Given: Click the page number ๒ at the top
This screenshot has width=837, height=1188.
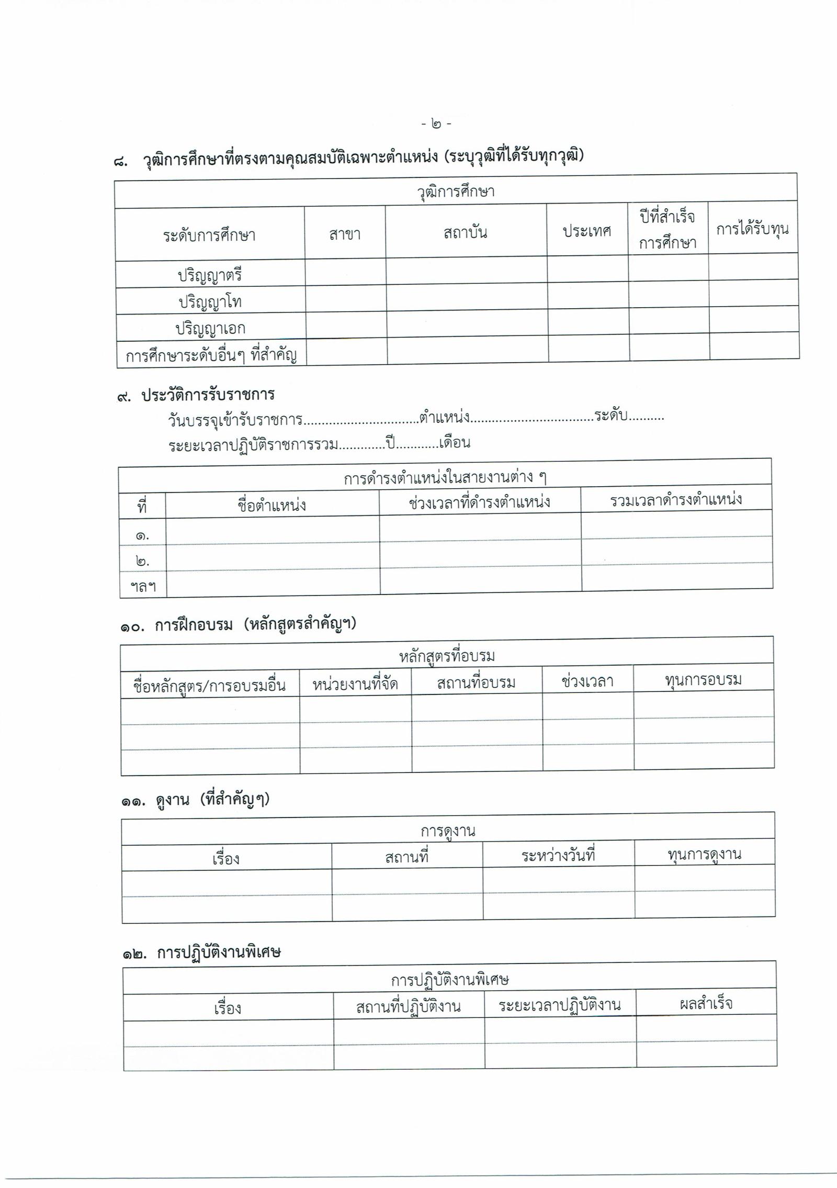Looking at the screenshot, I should [436, 124].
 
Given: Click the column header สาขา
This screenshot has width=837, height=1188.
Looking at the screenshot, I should [345, 234].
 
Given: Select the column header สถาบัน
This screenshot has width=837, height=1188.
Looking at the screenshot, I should [465, 232].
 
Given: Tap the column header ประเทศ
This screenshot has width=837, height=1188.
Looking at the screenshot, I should [587, 231].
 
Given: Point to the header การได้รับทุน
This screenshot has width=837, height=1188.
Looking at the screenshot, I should [752, 229].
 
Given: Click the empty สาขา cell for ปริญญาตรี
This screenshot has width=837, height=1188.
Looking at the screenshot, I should [345, 273].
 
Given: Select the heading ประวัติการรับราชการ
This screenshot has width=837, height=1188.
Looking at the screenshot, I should [208, 395].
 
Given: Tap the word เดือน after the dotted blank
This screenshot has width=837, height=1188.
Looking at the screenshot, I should [455, 443].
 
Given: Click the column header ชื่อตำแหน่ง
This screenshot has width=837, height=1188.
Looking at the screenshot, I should [272, 506].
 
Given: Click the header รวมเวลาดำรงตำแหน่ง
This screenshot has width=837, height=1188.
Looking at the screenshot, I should [676, 500].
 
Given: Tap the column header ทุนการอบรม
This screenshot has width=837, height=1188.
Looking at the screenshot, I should [703, 680].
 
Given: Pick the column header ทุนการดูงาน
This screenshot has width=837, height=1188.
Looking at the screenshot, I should [705, 855].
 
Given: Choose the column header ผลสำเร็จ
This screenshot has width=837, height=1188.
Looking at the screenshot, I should [706, 1003].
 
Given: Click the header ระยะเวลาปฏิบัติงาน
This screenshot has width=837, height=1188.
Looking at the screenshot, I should [560, 1005].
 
